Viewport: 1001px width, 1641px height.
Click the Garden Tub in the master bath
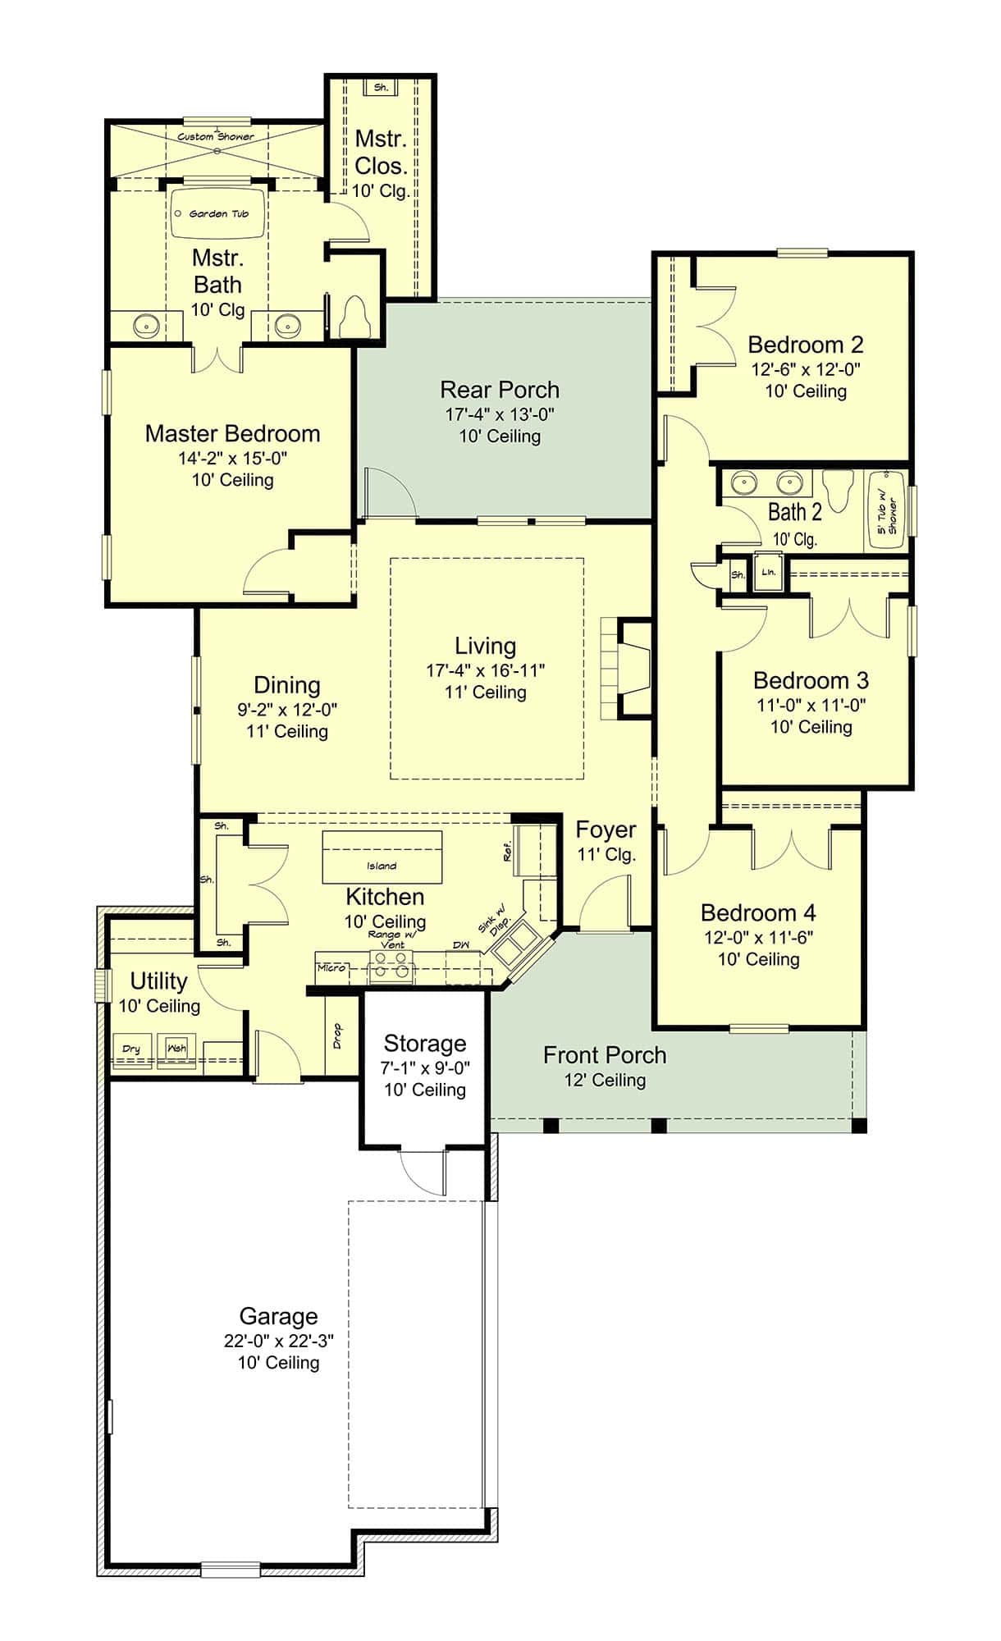pyautogui.click(x=217, y=214)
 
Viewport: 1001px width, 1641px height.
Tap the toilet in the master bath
pyautogui.click(x=355, y=318)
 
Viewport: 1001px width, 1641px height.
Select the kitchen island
pyautogui.click(x=382, y=857)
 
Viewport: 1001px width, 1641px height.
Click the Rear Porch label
pyautogui.click(x=500, y=390)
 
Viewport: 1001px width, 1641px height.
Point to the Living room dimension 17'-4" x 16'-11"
pyautogui.click(x=485, y=670)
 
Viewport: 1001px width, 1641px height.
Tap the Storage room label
pyautogui.click(x=424, y=1044)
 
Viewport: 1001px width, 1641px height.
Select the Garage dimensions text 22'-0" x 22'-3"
pyautogui.click(x=278, y=1342)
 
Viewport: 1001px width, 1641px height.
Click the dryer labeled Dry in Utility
pyautogui.click(x=132, y=1049)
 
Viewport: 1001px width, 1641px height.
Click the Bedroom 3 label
pyautogui.click(x=811, y=680)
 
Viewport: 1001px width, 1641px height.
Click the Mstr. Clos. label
pyautogui.click(x=381, y=153)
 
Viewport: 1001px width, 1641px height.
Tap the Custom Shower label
pyautogui.click(x=216, y=137)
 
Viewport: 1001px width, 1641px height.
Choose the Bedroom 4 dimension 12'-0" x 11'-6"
pyautogui.click(x=758, y=937)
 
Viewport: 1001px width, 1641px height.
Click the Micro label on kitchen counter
pyautogui.click(x=331, y=968)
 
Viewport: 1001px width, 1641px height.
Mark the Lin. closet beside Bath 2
pyautogui.click(x=768, y=573)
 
